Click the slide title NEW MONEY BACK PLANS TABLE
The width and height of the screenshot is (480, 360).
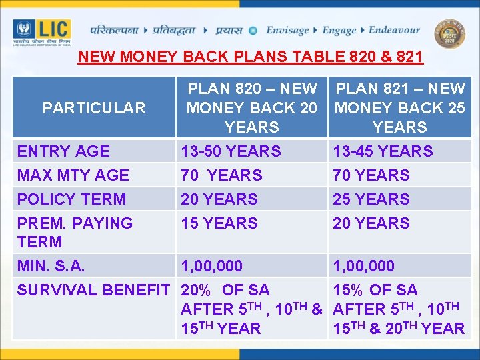tap(250, 57)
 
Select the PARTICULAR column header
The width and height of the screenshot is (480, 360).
tap(94, 108)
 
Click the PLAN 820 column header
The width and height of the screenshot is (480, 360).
tap(252, 107)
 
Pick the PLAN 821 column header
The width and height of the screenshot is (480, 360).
tap(400, 107)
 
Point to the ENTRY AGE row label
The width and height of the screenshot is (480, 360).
tap(63, 151)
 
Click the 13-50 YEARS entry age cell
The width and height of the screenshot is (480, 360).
tap(231, 151)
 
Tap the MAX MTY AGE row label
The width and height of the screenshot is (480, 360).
tap(73, 175)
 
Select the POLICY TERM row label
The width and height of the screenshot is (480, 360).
tap(71, 199)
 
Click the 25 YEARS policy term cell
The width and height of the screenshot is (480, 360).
tap(371, 199)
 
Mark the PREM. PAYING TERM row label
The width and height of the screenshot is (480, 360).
tap(75, 232)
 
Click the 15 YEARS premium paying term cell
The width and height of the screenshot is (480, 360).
tap(219, 223)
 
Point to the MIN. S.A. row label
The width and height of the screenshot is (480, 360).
tap(51, 266)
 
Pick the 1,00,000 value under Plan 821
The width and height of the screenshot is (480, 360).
tap(363, 266)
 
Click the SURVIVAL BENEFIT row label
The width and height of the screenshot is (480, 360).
tap(93, 290)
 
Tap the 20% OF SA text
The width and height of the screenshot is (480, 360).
tap(225, 290)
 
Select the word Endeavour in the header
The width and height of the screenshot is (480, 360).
tap(394, 30)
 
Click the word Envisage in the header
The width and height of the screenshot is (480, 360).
tap(287, 30)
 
